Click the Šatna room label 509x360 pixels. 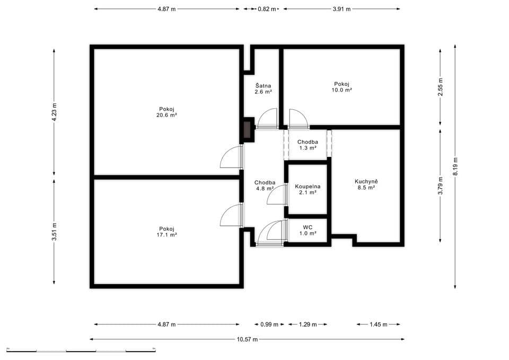pos(263,85)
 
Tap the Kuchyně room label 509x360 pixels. pos(366,181)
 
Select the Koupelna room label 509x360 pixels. pos(308,187)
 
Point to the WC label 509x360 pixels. pos(308,227)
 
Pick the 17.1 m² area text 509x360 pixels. pos(167,234)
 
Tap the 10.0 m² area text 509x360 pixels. pos(342,90)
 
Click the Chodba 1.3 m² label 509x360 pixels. pos(308,145)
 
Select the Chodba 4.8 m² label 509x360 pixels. pos(264,185)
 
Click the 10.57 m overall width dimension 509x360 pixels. pos(247,339)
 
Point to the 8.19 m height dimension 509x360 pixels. pos(455,166)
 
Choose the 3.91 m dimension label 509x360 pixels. pos(341,9)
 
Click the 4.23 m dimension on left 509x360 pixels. pos(54,112)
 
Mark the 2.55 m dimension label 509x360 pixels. pos(440,86)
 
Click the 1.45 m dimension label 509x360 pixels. pos(378,324)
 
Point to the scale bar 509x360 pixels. pos(81,350)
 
